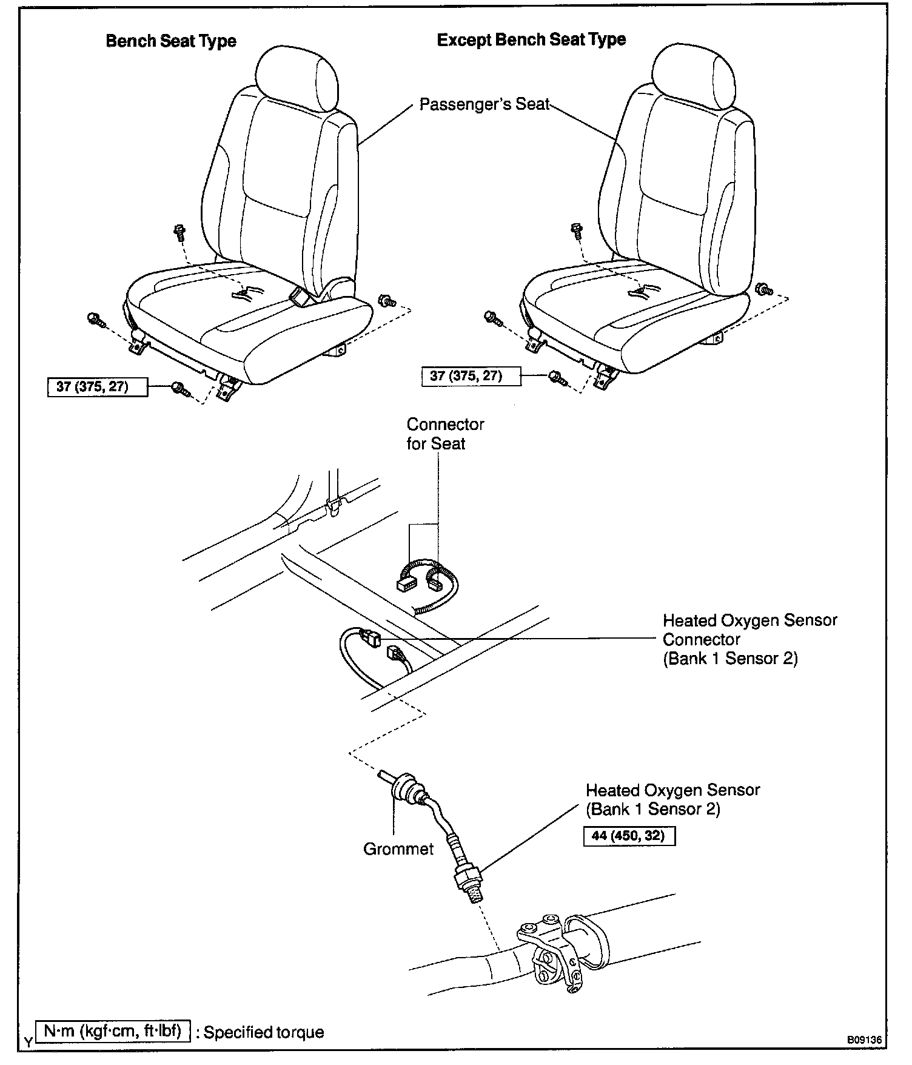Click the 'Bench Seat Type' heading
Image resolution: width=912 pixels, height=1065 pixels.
[x=171, y=41]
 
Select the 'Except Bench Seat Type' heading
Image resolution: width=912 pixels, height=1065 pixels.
[x=531, y=40]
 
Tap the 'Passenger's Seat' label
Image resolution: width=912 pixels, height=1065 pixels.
[x=484, y=104]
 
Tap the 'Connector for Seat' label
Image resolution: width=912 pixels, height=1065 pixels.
[x=445, y=434]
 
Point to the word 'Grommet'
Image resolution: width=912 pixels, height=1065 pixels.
[x=398, y=849]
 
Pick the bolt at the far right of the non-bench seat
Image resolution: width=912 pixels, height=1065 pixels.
[x=765, y=289]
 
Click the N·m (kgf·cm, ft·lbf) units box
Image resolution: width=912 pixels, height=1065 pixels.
[x=114, y=1032]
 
